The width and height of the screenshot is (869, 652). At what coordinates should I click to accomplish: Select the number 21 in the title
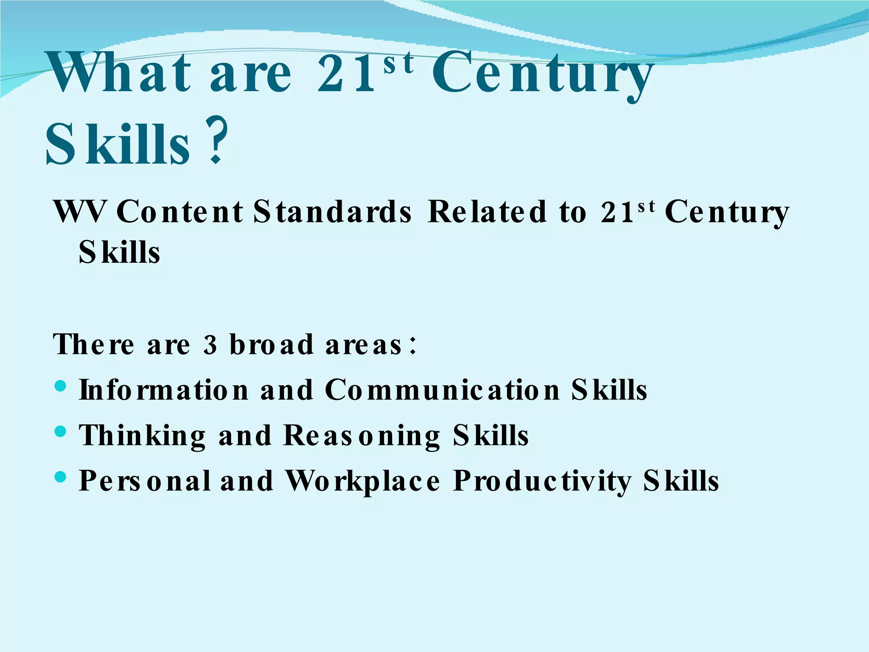pyautogui.click(x=346, y=74)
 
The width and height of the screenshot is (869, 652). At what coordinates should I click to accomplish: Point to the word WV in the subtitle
pyautogui.click(x=80, y=211)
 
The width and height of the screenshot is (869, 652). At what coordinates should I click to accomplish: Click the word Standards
pyautogui.click(x=332, y=211)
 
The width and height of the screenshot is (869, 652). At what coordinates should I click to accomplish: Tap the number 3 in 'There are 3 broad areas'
pyautogui.click(x=210, y=345)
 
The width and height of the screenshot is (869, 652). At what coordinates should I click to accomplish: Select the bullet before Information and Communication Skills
pyautogui.click(x=61, y=386)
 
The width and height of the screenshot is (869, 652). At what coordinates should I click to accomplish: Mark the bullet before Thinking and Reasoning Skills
pyautogui.click(x=61, y=432)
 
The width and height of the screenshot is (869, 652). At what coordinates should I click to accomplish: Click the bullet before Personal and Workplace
pyautogui.click(x=61, y=477)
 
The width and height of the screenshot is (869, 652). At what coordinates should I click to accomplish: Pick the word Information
pyautogui.click(x=164, y=390)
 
